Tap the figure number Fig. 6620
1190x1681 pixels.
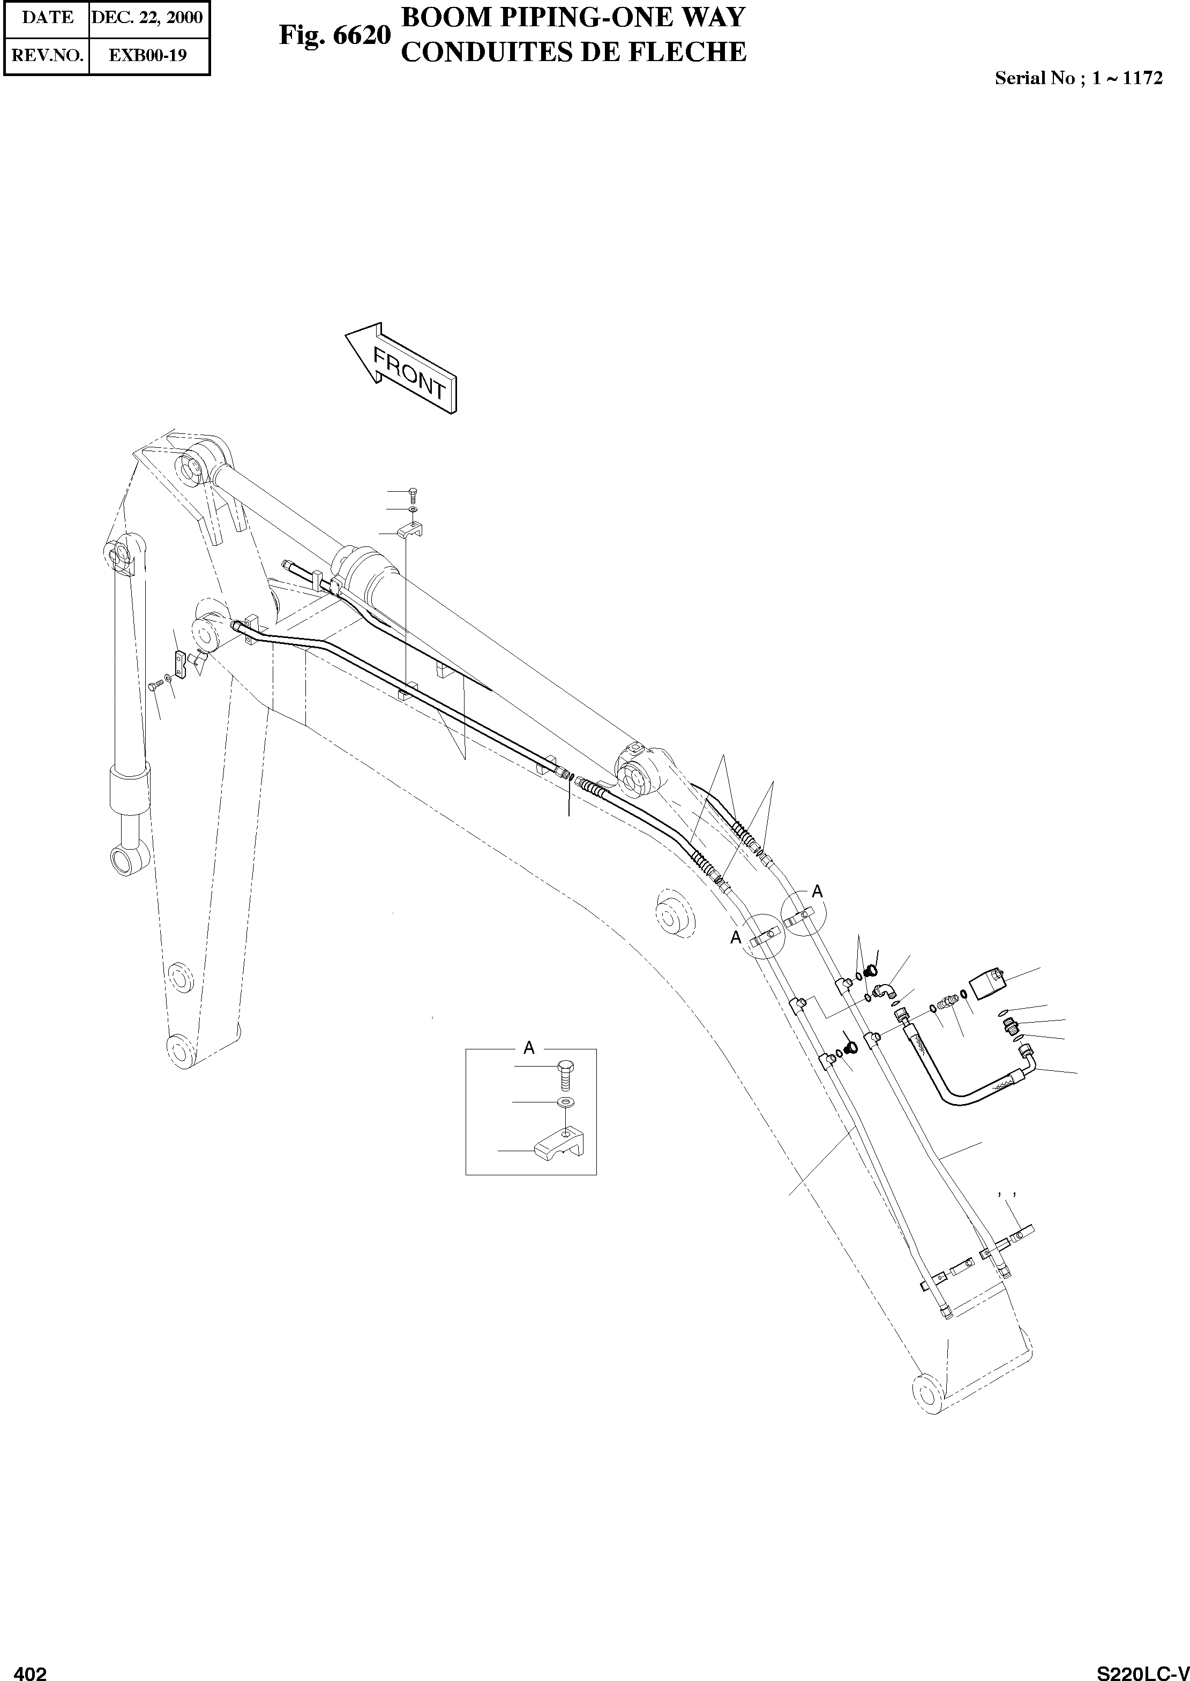point(335,35)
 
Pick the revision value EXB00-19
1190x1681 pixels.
point(147,55)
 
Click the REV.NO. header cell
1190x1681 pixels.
point(48,55)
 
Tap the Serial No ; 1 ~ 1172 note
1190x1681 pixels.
point(1078,78)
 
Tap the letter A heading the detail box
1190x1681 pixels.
point(529,1049)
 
